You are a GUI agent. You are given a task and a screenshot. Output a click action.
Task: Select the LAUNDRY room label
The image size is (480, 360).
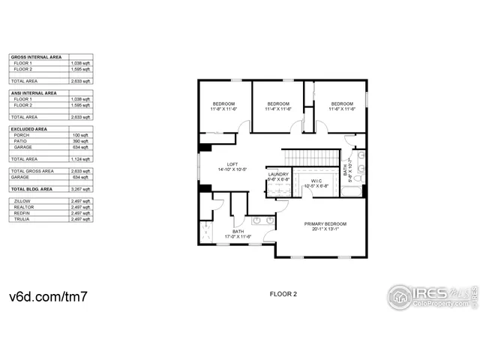click(x=279, y=175)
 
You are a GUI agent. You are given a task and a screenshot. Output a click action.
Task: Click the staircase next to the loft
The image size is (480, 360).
click(x=310, y=157)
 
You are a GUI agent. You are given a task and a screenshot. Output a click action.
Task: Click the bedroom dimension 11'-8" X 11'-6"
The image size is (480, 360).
click(x=223, y=109)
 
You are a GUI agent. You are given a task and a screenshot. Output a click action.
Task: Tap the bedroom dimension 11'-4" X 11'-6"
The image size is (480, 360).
click(x=278, y=109)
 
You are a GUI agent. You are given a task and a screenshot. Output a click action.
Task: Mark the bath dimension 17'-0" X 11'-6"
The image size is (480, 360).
click(x=238, y=237)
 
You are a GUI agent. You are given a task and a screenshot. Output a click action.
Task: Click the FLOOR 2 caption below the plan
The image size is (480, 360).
click(x=283, y=294)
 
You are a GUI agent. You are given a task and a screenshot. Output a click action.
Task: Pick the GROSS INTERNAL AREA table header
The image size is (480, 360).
click(x=34, y=57)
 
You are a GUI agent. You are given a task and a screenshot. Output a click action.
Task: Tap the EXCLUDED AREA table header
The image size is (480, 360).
click(x=28, y=129)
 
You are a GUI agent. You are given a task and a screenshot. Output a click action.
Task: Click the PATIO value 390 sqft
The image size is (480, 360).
click(x=80, y=141)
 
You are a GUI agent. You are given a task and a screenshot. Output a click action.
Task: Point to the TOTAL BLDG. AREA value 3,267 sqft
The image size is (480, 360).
click(x=80, y=189)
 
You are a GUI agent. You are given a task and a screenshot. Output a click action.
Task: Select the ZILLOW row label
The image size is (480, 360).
click(x=21, y=201)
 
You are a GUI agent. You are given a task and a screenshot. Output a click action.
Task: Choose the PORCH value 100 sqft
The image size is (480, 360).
click(x=80, y=135)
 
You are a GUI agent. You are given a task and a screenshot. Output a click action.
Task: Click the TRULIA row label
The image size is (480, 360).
click(x=20, y=219)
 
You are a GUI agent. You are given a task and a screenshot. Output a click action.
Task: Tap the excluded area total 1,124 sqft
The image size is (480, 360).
click(x=80, y=159)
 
